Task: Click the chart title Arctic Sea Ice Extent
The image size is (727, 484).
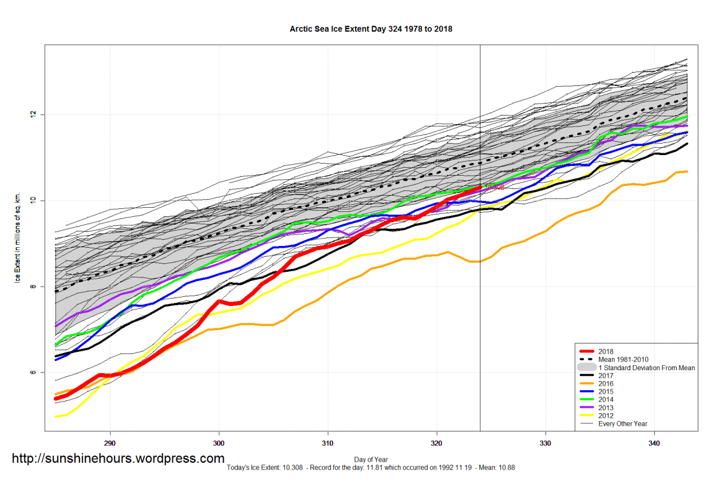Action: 371,28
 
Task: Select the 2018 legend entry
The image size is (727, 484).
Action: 606,351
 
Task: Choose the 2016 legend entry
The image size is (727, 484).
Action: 606,383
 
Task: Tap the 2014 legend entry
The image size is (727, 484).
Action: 606,400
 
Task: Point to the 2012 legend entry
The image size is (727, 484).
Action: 606,416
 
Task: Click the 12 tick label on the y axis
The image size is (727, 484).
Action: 34,114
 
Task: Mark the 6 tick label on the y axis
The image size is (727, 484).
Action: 34,373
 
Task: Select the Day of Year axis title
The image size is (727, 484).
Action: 371,460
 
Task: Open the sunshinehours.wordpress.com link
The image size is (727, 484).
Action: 119,459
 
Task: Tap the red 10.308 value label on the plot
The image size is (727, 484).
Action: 493,188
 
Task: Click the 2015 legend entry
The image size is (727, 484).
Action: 606,391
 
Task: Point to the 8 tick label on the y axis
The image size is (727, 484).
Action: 34,287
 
